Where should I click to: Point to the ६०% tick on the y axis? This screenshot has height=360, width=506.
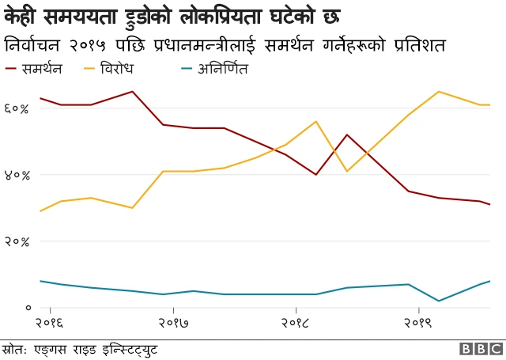[x=17, y=108]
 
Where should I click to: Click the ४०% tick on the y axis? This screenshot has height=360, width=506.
[x=17, y=174]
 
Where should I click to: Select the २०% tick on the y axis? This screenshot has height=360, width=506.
[x=17, y=241]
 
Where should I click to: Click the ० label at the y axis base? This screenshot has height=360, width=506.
[x=28, y=307]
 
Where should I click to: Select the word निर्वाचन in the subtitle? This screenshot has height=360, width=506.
[x=35, y=43]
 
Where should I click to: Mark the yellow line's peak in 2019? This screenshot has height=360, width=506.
[x=438, y=92]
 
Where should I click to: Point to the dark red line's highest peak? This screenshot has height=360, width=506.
[x=133, y=92]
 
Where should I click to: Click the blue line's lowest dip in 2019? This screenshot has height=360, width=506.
[x=438, y=301]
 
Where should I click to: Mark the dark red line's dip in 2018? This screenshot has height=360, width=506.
[x=316, y=174]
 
